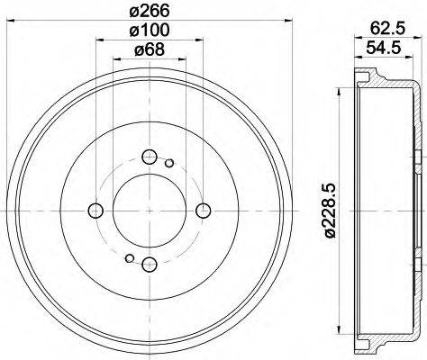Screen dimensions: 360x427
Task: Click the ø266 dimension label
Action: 150,12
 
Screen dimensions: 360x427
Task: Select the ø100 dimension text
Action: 150,31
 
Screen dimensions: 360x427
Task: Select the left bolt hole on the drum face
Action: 95,211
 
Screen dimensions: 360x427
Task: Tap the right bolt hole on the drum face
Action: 203,211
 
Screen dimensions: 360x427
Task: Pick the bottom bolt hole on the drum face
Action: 150,264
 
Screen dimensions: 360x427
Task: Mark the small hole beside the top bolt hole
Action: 169,163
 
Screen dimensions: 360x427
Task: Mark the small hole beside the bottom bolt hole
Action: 130,258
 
